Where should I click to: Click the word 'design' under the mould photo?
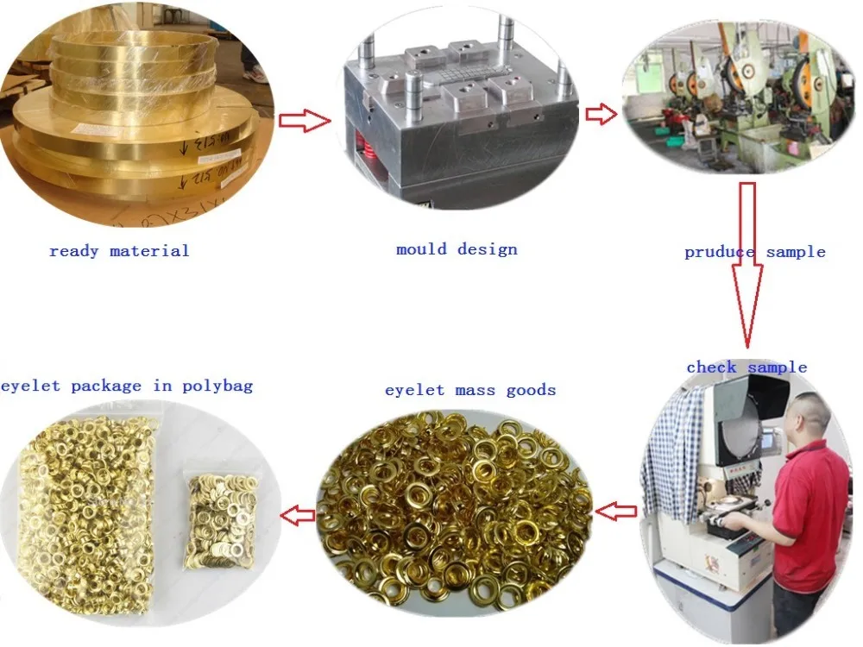tap(487, 249)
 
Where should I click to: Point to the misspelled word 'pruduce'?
tap(714, 253)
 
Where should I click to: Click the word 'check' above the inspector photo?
tap(711, 367)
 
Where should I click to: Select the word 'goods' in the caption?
tap(531, 391)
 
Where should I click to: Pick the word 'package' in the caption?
tap(106, 386)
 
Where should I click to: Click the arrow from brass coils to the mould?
tap(304, 121)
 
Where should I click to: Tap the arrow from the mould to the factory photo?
tap(602, 114)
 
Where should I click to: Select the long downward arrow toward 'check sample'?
tap(747, 259)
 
